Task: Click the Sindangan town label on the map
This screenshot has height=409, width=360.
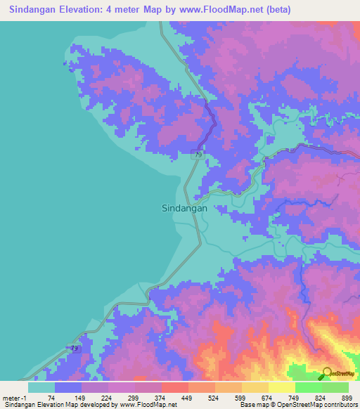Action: coord(184,208)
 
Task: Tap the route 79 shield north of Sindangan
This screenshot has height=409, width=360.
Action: coord(199,155)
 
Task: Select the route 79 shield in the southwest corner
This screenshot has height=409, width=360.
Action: coord(75,348)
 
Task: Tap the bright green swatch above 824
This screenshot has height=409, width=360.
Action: coord(308,387)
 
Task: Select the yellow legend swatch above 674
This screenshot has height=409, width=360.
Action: coord(255,387)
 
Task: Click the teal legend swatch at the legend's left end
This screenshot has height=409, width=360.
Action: coord(41,387)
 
